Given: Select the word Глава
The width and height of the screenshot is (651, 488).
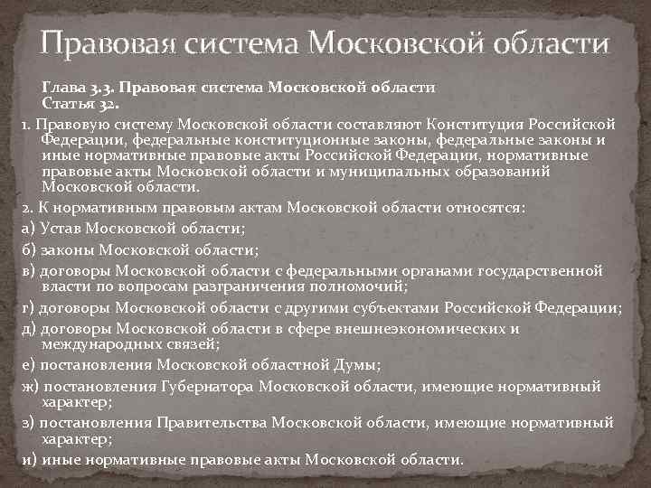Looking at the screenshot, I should tap(62, 88).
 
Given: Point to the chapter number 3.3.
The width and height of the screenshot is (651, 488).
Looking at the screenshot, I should tap(101, 88).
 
